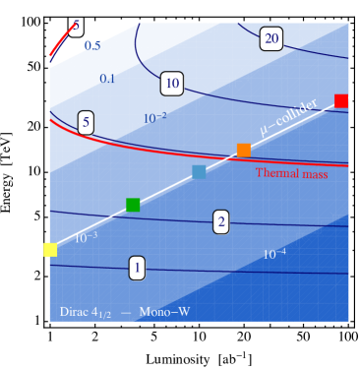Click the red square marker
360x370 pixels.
click(x=341, y=100)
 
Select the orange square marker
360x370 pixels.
click(x=244, y=150)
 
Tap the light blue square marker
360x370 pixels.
click(x=199, y=172)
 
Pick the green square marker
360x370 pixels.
click(x=133, y=205)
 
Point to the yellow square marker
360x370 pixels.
click(x=50, y=250)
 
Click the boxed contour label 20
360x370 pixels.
click(x=271, y=39)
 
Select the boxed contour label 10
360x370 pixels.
click(x=172, y=84)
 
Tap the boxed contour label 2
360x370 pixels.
click(x=221, y=221)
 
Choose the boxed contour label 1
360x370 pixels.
click(x=138, y=267)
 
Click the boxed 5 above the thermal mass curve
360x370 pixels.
click(x=87, y=123)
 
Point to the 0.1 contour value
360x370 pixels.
click(x=107, y=79)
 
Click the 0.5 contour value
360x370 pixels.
click(x=91, y=46)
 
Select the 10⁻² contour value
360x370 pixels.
click(x=154, y=118)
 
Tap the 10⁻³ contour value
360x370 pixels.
click(x=86, y=237)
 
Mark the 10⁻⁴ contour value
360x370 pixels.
click(x=274, y=254)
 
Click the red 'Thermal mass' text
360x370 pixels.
click(x=291, y=173)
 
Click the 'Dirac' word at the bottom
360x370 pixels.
click(x=74, y=312)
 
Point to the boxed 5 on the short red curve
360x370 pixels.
click(x=76, y=25)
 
